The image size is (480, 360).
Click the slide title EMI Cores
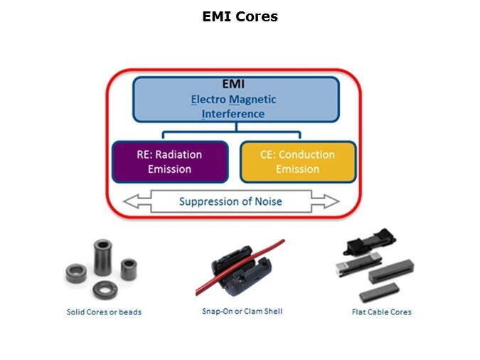[x=240, y=16]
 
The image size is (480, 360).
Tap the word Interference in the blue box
[x=233, y=114]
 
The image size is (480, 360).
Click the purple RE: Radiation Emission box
[x=170, y=162]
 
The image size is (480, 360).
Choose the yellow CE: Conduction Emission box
[x=298, y=162]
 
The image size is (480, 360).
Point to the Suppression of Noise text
[x=230, y=201]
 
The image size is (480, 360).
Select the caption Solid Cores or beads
[x=104, y=312]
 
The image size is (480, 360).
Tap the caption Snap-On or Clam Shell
[x=242, y=311]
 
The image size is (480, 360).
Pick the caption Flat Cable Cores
[x=381, y=312]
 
